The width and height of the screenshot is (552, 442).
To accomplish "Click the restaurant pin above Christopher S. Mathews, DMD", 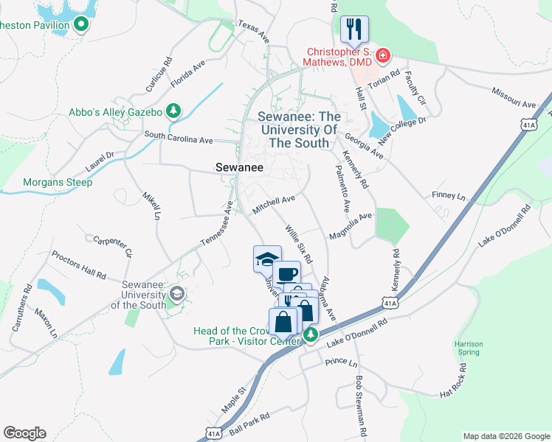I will point(355,29).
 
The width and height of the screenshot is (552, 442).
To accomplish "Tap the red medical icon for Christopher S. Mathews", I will point(382,55).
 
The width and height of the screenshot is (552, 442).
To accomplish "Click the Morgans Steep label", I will point(58,182).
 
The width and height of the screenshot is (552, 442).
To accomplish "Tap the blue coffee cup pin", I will point(286,275).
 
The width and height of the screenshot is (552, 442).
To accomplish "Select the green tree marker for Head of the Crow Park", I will point(311,336).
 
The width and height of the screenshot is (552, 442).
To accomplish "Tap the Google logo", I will point(24,433).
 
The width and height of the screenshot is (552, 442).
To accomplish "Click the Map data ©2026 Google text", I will point(506,436).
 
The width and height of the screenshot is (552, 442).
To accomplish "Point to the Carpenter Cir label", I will point(112,245).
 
